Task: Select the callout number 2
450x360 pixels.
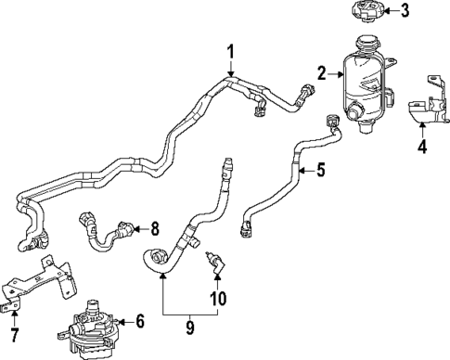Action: (x=322, y=71)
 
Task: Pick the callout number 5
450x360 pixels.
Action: (x=321, y=170)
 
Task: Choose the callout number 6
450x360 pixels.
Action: (x=140, y=321)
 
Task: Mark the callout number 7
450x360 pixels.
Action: (x=13, y=333)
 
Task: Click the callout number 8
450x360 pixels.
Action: (x=154, y=228)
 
